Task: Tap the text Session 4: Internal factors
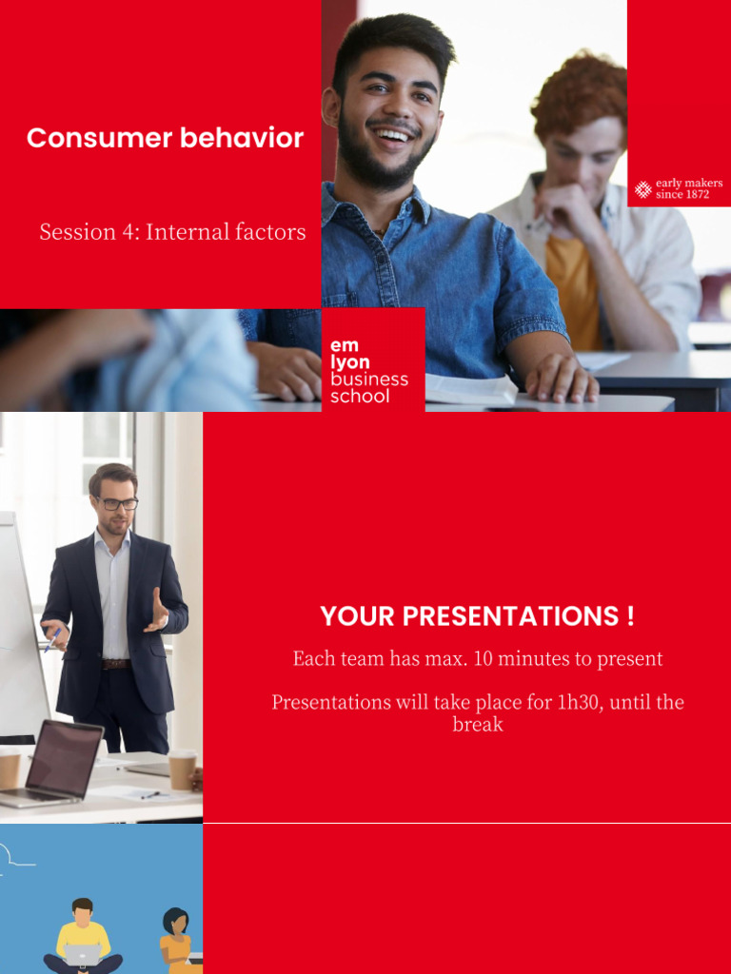click(x=172, y=231)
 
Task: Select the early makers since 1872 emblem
click(x=679, y=188)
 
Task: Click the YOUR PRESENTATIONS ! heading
click(x=477, y=616)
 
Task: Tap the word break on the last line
click(x=477, y=724)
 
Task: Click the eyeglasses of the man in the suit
click(x=115, y=503)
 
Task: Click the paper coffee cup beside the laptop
click(x=182, y=769)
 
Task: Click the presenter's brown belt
click(x=114, y=663)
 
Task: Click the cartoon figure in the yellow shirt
click(x=83, y=937)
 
